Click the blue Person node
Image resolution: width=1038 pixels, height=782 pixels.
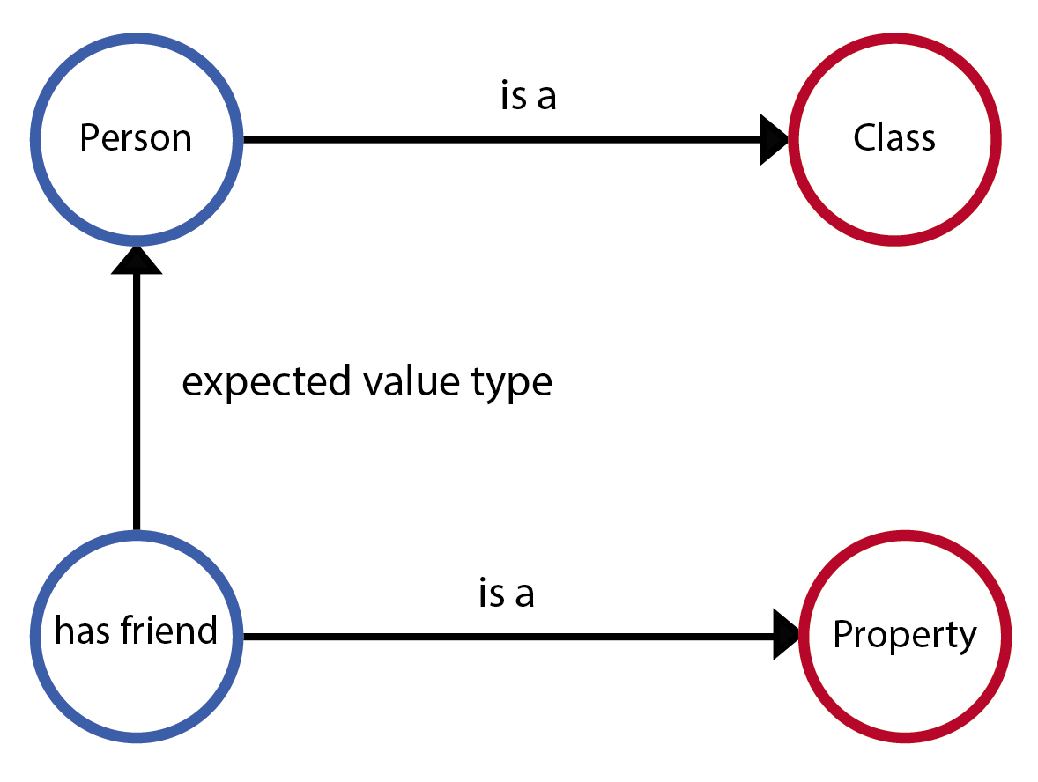coord(136,139)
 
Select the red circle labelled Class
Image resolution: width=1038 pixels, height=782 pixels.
coord(894,139)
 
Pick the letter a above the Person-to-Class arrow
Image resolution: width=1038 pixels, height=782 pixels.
coord(547,99)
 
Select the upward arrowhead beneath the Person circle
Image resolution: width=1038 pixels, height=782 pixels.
coord(137,260)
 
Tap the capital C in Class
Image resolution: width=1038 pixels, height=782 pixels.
coord(863,138)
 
